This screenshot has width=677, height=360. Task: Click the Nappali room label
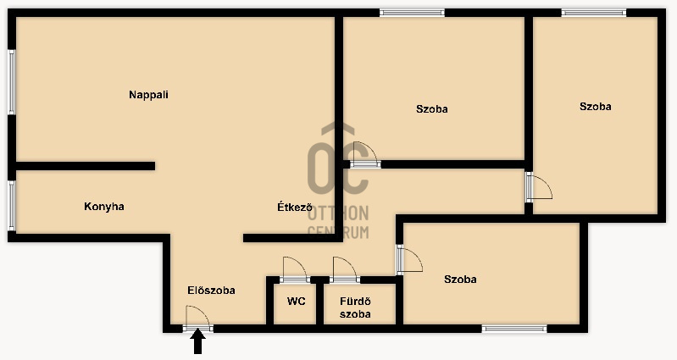[148, 95]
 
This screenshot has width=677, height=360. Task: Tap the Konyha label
[104, 207]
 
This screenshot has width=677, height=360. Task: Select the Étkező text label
[295, 207]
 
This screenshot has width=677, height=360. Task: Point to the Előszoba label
[211, 290]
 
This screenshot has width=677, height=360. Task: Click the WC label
[297, 302]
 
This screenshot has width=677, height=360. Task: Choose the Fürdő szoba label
[355, 307]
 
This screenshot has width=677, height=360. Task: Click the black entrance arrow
[197, 341]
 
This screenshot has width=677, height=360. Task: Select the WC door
[295, 269]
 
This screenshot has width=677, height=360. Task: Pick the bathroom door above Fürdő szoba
[345, 269]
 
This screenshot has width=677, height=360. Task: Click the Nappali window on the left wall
[12, 82]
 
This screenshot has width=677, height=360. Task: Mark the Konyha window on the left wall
[12, 206]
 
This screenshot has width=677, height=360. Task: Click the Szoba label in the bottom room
[460, 280]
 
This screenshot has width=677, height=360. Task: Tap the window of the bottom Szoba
[514, 329]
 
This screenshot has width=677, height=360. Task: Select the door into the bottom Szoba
[409, 259]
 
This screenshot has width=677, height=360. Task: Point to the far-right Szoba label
[595, 107]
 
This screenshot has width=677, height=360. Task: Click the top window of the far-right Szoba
[594, 13]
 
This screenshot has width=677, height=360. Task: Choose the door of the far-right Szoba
[538, 187]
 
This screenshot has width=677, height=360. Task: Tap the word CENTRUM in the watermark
[338, 232]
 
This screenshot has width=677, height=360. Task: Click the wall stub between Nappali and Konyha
[85, 166]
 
